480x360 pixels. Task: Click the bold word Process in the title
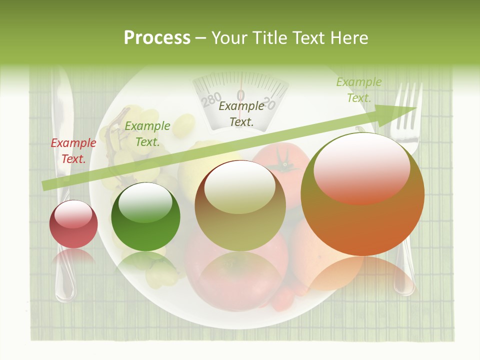(x=157, y=38)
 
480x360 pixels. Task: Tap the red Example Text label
(x=73, y=150)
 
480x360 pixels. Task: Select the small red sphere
(x=73, y=224)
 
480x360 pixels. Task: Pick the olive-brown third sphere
(x=240, y=205)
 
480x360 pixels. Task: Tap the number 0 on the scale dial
(x=240, y=95)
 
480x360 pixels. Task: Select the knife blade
(x=62, y=120)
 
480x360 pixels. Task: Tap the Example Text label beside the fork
(x=358, y=90)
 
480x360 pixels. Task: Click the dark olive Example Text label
(x=241, y=113)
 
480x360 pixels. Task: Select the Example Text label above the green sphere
(x=147, y=134)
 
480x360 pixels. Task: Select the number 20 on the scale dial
(x=268, y=103)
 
